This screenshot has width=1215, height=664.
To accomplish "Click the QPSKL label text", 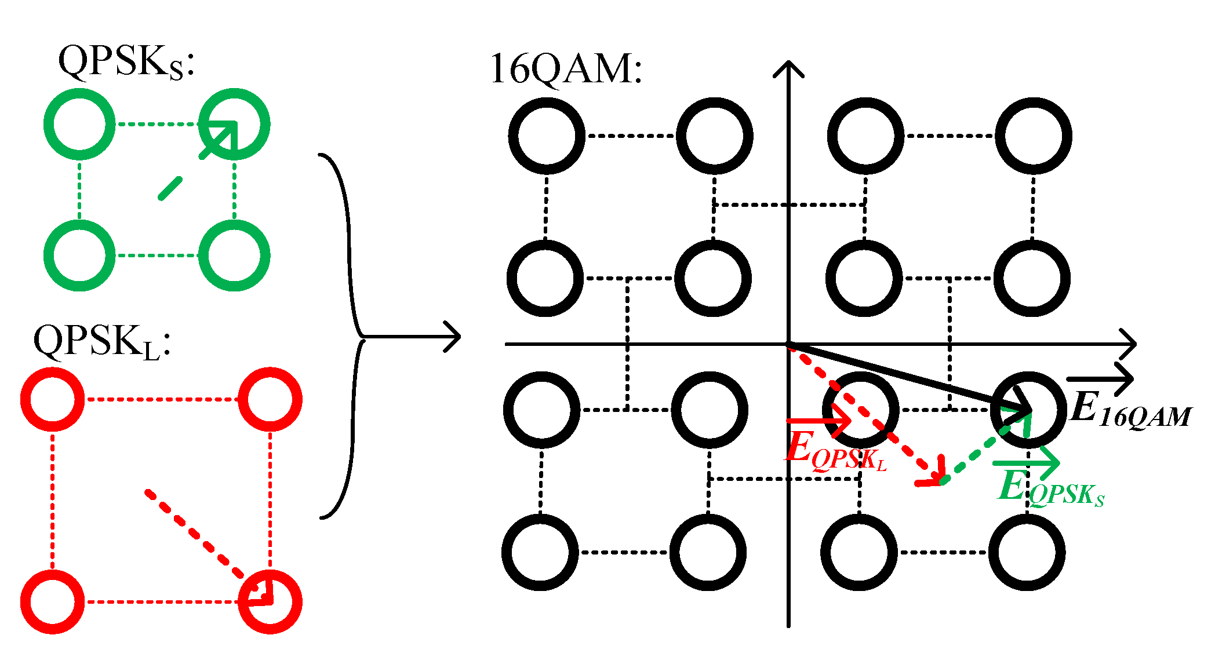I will tap(101, 342).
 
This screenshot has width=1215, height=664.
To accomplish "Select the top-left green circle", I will tap(79, 124).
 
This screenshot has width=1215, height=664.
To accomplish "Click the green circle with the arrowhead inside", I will tap(234, 124).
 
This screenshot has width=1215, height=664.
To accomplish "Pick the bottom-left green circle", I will tap(79, 256).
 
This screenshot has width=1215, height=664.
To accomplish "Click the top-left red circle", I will tap(52, 399).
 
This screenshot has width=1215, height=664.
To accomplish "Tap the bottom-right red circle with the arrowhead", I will tap(270, 601).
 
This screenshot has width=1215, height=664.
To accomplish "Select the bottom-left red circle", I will tap(52, 601).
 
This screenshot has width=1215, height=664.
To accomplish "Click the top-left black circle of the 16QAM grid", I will tap(546, 136).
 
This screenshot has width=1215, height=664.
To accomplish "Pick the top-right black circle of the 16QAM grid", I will tap(1034, 136).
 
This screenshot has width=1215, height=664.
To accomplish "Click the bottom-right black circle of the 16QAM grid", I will tap(1027, 552).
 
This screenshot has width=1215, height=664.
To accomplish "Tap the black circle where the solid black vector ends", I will tap(1028, 410).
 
